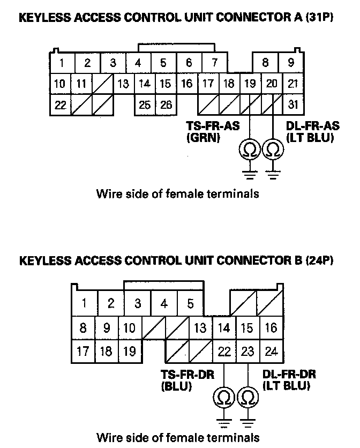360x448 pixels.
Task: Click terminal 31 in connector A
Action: click(292, 104)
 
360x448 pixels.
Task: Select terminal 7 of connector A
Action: click(214, 63)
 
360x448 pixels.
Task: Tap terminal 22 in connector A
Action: click(61, 104)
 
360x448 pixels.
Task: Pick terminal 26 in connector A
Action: click(166, 104)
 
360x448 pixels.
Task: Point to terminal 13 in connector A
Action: click(123, 84)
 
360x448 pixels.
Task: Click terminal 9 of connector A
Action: click(291, 63)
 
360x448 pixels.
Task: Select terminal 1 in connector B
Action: click(84, 304)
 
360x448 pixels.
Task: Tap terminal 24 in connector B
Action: click(271, 353)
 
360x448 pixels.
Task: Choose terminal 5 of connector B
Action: click(190, 304)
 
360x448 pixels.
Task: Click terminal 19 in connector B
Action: click(129, 353)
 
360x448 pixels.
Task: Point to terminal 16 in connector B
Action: click(271, 327)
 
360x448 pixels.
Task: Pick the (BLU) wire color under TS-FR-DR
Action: click(176, 386)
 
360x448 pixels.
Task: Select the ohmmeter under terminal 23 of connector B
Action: click(247, 397)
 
